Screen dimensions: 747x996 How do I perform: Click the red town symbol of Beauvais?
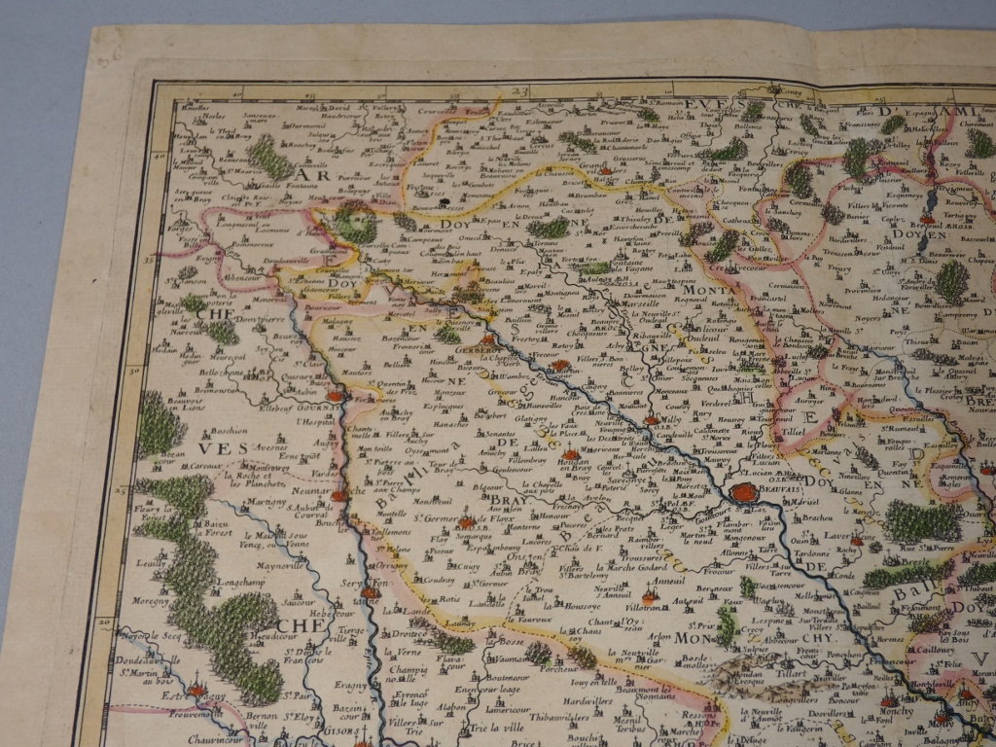[745, 493]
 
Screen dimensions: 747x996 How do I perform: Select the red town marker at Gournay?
[336, 397]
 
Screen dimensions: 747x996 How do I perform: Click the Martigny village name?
[238, 502]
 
